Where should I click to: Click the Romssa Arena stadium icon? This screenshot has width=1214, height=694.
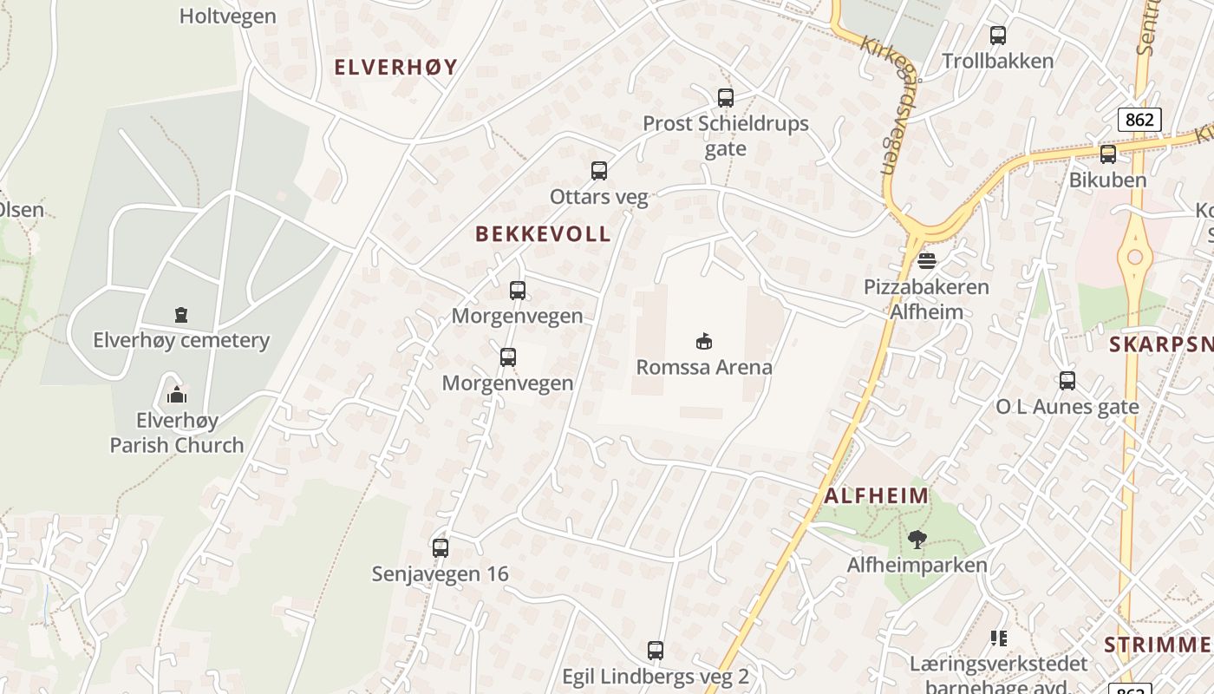tap(704, 341)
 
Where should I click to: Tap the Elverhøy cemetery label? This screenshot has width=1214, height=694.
tap(181, 340)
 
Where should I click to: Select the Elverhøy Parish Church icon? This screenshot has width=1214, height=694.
tap(177, 396)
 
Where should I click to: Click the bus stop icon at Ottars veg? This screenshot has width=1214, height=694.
tap(599, 171)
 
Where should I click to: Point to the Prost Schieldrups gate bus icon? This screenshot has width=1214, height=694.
tap(726, 98)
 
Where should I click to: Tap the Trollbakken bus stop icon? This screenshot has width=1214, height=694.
tap(998, 36)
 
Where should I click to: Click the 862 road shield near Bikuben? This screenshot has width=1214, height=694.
tap(1139, 119)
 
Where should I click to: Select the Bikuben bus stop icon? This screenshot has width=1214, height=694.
tap(1108, 154)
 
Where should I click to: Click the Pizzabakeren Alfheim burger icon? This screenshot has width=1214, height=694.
tap(927, 260)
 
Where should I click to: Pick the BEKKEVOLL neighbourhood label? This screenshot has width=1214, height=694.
tap(544, 233)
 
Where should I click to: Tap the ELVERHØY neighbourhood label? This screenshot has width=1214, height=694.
tap(395, 67)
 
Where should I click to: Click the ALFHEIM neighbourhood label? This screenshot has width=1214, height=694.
tap(877, 496)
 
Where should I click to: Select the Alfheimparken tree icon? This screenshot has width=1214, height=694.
tap(917, 540)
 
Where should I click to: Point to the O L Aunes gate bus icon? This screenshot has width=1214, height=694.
tap(1067, 381)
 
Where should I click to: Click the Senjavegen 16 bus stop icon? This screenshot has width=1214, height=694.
tap(441, 548)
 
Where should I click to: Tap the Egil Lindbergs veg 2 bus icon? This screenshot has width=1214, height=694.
tap(656, 651)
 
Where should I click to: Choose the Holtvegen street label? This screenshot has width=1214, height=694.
tap(228, 16)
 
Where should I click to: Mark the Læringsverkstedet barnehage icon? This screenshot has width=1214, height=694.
tap(999, 638)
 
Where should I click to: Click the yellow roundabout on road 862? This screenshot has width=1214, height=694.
tap(1134, 257)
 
